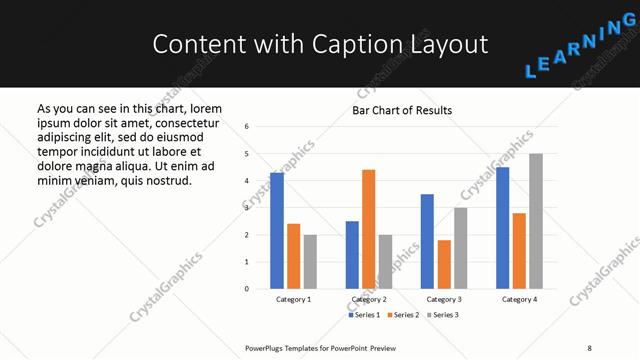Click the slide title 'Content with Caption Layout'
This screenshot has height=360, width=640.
[320, 44]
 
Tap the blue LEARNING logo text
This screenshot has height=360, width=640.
[580, 49]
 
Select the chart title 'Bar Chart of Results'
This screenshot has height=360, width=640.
[402, 110]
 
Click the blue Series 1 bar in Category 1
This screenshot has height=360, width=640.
[276, 230]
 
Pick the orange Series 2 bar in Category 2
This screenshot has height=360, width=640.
[368, 229]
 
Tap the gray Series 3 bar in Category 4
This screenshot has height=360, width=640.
[536, 221]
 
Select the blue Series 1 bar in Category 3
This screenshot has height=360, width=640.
[427, 241]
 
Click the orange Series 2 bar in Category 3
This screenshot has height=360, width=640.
[444, 264]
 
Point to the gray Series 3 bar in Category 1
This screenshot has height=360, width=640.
[310, 261]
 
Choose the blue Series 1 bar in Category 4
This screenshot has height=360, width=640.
[502, 228]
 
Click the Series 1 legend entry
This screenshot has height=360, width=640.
[364, 315]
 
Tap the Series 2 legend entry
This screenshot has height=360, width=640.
[402, 315]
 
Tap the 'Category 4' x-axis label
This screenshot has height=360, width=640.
[519, 299]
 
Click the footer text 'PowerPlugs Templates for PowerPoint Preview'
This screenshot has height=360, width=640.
[320, 348]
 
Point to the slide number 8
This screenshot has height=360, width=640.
[588, 348]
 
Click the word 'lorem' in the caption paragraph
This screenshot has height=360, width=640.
[205, 108]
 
